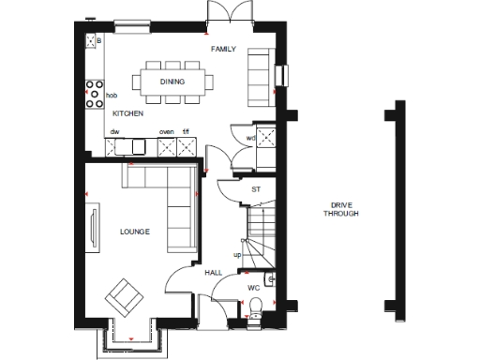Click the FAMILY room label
(223, 49)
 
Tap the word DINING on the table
(172, 82)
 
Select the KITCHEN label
(127, 113)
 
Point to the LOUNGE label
(134, 231)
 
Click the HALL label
(213, 272)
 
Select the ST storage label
(256, 190)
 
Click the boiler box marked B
(94, 42)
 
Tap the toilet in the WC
(256, 310)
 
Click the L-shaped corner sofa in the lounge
(169, 202)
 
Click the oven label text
(167, 132)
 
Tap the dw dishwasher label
(114, 132)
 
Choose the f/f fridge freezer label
(187, 132)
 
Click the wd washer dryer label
(250, 138)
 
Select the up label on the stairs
(237, 254)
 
